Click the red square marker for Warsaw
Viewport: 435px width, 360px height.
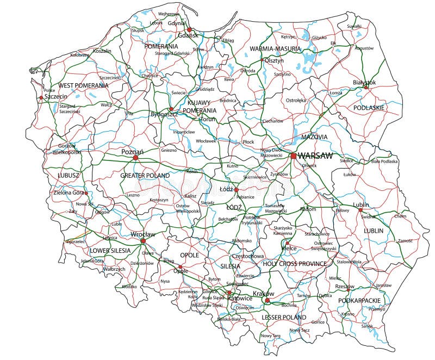(294, 156)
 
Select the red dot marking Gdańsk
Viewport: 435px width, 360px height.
(190, 30)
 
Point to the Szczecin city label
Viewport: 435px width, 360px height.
(56, 96)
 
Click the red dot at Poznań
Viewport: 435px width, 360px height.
(135, 158)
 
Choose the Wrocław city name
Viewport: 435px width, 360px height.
(143, 234)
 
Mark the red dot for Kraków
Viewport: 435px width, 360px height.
(267, 300)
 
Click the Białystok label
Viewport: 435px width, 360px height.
(364, 82)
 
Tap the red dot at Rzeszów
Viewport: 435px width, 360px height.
(349, 289)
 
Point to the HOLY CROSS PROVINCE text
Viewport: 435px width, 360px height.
(295, 264)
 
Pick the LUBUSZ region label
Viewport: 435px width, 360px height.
(69, 175)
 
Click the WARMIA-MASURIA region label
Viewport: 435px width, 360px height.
(275, 48)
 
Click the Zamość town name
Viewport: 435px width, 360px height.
(405, 240)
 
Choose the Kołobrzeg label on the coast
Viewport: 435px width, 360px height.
(79, 55)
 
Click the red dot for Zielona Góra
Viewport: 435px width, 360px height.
(86, 193)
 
